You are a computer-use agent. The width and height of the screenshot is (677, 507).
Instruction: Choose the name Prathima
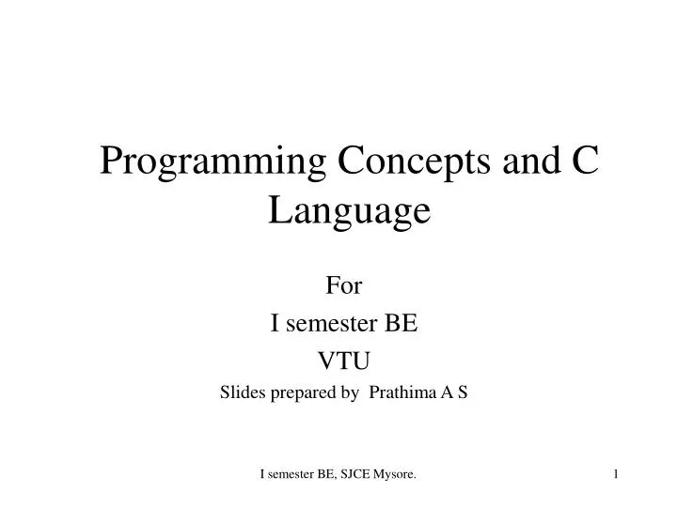coord(402,394)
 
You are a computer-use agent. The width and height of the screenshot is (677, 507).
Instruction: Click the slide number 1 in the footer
coord(616,478)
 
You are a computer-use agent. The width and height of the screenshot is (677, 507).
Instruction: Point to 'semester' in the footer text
coord(290,478)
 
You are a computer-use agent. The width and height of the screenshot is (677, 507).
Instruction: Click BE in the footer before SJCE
coord(323,478)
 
